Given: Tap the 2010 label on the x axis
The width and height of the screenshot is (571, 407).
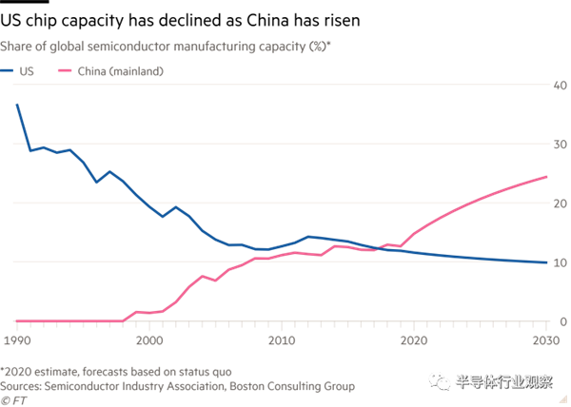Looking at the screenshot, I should click(281, 340).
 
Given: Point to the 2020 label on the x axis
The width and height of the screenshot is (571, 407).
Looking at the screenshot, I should click(413, 340).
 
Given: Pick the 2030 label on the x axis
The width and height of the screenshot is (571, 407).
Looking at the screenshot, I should click(543, 340).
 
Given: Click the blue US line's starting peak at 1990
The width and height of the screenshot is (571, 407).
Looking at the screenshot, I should click(17, 103).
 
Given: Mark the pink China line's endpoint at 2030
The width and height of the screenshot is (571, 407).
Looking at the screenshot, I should click(545, 176).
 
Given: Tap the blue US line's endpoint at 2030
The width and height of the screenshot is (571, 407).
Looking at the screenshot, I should click(545, 262).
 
